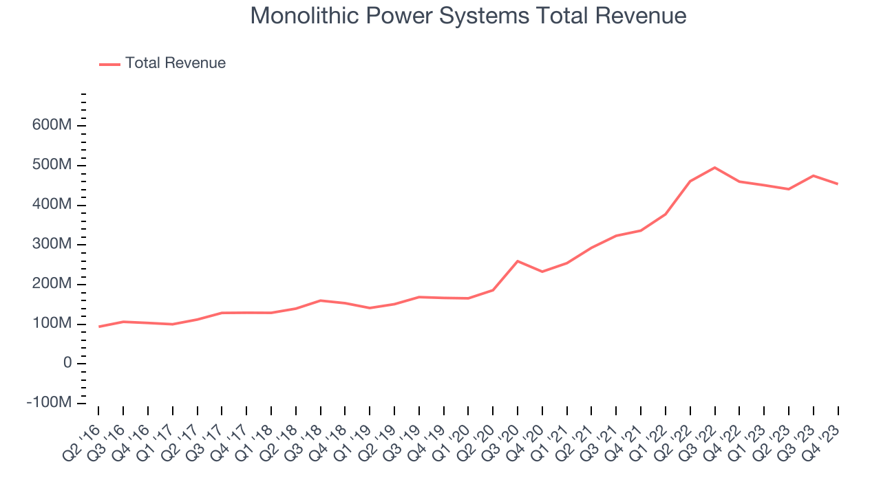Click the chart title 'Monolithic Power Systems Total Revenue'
pos(468,16)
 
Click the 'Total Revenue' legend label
pos(175,63)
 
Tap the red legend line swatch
pos(109,64)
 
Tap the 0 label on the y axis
pos(67,363)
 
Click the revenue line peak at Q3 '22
pos(714,168)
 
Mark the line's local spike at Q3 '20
pos(518,261)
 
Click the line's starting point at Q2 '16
pos(98,327)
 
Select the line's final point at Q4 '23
pos(838,184)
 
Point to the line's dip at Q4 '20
pos(542,272)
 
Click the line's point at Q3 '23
pos(813,175)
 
